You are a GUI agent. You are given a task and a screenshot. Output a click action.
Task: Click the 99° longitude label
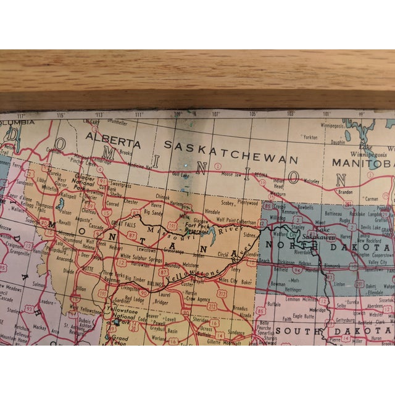pos(363,114)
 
